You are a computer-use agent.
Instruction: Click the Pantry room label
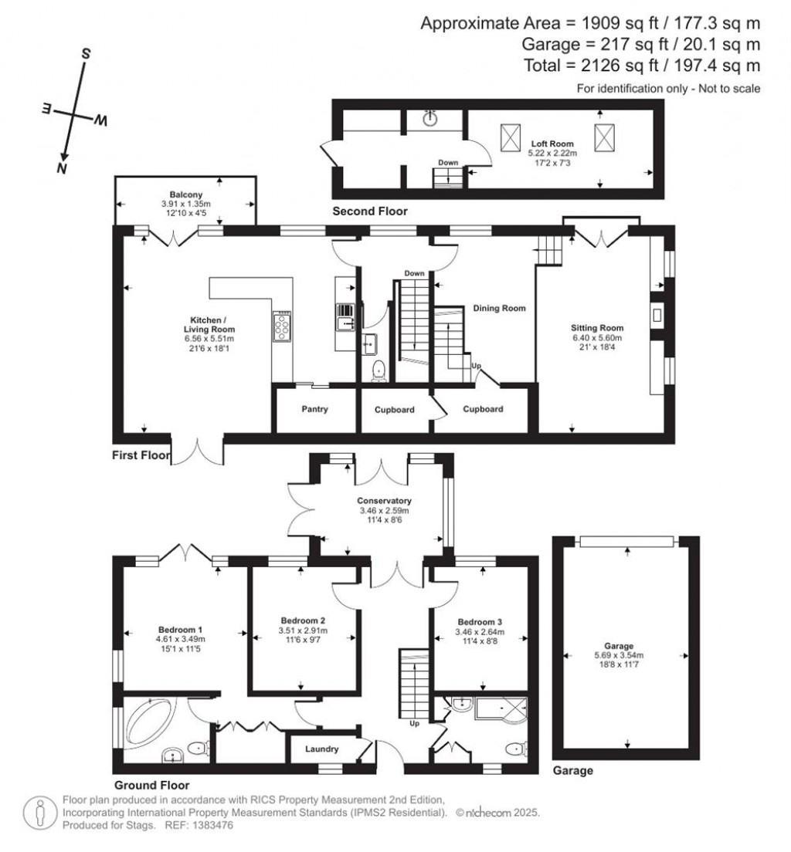click(x=315, y=409)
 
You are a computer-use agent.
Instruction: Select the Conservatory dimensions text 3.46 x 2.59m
click(x=384, y=511)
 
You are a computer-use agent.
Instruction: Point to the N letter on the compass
click(x=61, y=168)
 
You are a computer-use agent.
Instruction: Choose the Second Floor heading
click(x=369, y=211)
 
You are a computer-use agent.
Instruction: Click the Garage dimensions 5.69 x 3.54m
click(x=619, y=656)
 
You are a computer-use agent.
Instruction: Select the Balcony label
click(x=185, y=194)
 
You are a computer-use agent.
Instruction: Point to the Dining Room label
click(x=499, y=308)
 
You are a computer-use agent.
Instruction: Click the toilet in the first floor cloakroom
click(x=379, y=371)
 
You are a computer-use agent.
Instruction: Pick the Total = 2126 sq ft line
click(x=640, y=66)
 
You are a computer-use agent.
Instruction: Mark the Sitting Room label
click(x=596, y=327)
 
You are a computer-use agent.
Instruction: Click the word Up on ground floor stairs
click(x=415, y=724)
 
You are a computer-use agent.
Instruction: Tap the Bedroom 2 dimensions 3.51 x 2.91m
click(x=302, y=631)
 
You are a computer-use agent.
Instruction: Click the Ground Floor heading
click(x=151, y=784)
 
